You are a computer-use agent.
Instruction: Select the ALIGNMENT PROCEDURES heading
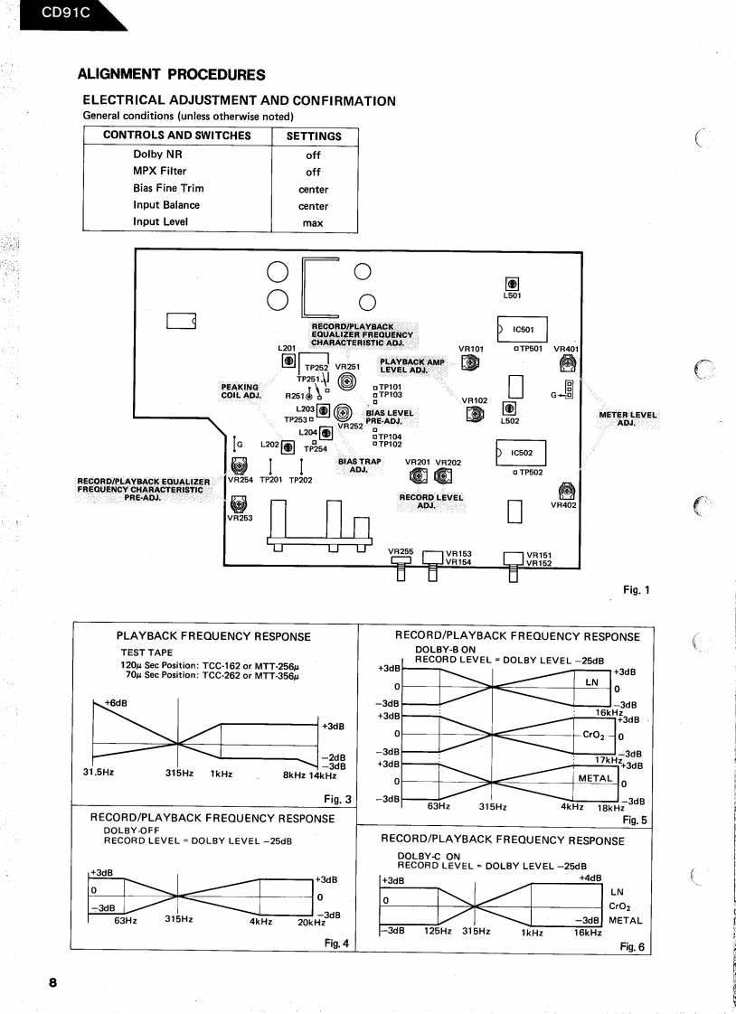[x=172, y=74]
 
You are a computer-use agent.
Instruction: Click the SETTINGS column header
[x=314, y=136]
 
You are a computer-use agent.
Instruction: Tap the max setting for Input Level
[x=313, y=222]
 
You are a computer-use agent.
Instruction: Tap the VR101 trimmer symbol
[x=470, y=363]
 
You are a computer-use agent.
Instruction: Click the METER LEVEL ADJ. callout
[x=627, y=419]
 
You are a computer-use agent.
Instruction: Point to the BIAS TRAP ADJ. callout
[x=359, y=465]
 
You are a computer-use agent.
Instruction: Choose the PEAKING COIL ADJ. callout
[x=241, y=390]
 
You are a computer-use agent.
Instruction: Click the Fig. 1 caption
[x=636, y=590]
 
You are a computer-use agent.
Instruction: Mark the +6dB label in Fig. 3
[x=115, y=702]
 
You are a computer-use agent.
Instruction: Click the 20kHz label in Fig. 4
[x=311, y=922]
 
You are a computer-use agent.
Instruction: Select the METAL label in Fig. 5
[x=596, y=777]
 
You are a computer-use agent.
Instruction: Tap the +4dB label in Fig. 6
[x=590, y=878]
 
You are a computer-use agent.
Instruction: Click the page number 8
[x=53, y=982]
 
